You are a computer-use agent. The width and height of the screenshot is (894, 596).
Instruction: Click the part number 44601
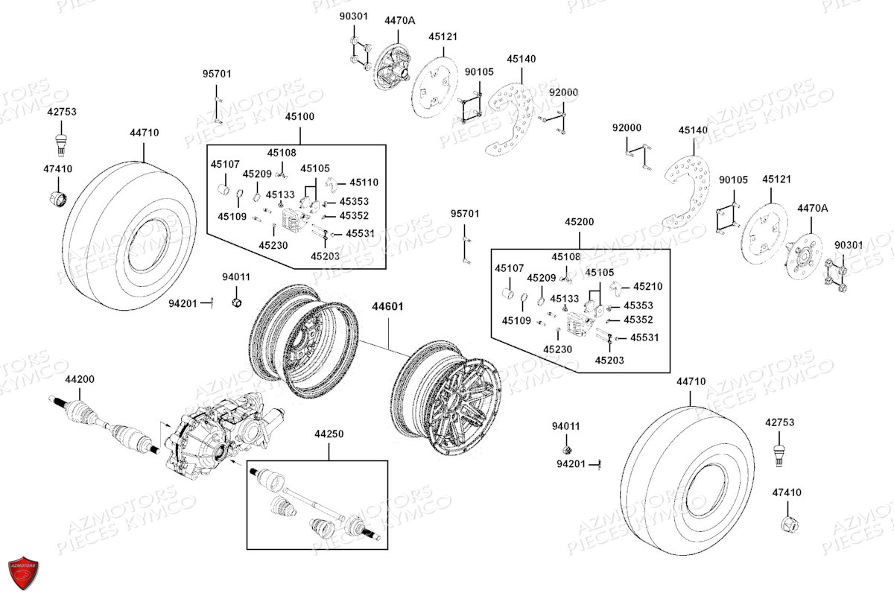[x=387, y=306]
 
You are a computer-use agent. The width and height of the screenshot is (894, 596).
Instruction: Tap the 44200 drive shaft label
[x=80, y=379]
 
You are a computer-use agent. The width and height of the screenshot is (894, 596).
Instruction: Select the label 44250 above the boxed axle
[x=329, y=434]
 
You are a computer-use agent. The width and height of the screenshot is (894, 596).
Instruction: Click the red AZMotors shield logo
[x=22, y=574]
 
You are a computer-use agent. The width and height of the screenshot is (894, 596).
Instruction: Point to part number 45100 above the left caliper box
[x=299, y=117]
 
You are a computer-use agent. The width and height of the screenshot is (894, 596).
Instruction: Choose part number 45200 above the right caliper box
[x=579, y=222]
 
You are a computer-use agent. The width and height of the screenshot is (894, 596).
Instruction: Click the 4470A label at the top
[x=399, y=21]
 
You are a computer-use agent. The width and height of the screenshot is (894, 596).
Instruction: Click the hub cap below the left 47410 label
[x=58, y=199]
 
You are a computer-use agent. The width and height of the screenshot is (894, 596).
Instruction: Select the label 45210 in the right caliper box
[x=647, y=286]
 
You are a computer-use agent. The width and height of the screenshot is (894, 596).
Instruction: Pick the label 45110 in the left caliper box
[x=364, y=182]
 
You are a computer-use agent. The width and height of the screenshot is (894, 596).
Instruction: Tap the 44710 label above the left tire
[x=144, y=133]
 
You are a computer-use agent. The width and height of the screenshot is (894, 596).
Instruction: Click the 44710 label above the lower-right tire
[x=691, y=381]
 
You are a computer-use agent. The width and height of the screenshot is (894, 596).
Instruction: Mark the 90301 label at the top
[x=354, y=16]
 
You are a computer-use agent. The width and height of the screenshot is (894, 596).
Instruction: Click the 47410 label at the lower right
[x=787, y=492]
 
